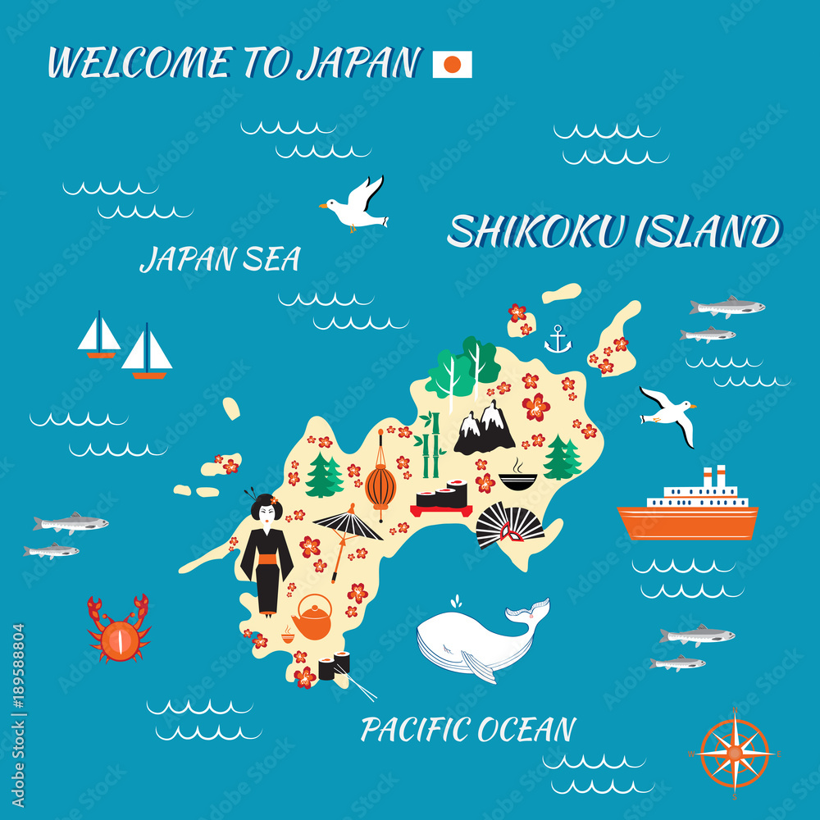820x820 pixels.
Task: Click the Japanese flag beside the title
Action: [x=452, y=64]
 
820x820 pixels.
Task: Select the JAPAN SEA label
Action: [x=220, y=259]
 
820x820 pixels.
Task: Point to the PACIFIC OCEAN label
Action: [x=468, y=729]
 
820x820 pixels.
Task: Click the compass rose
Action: [x=735, y=752]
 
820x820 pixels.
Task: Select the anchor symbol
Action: [x=558, y=339]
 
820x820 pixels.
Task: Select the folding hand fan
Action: [x=509, y=525]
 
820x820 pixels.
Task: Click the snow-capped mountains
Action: [x=485, y=429]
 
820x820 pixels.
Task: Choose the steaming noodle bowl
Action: [x=517, y=478]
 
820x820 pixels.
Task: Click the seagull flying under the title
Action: [x=355, y=206]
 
